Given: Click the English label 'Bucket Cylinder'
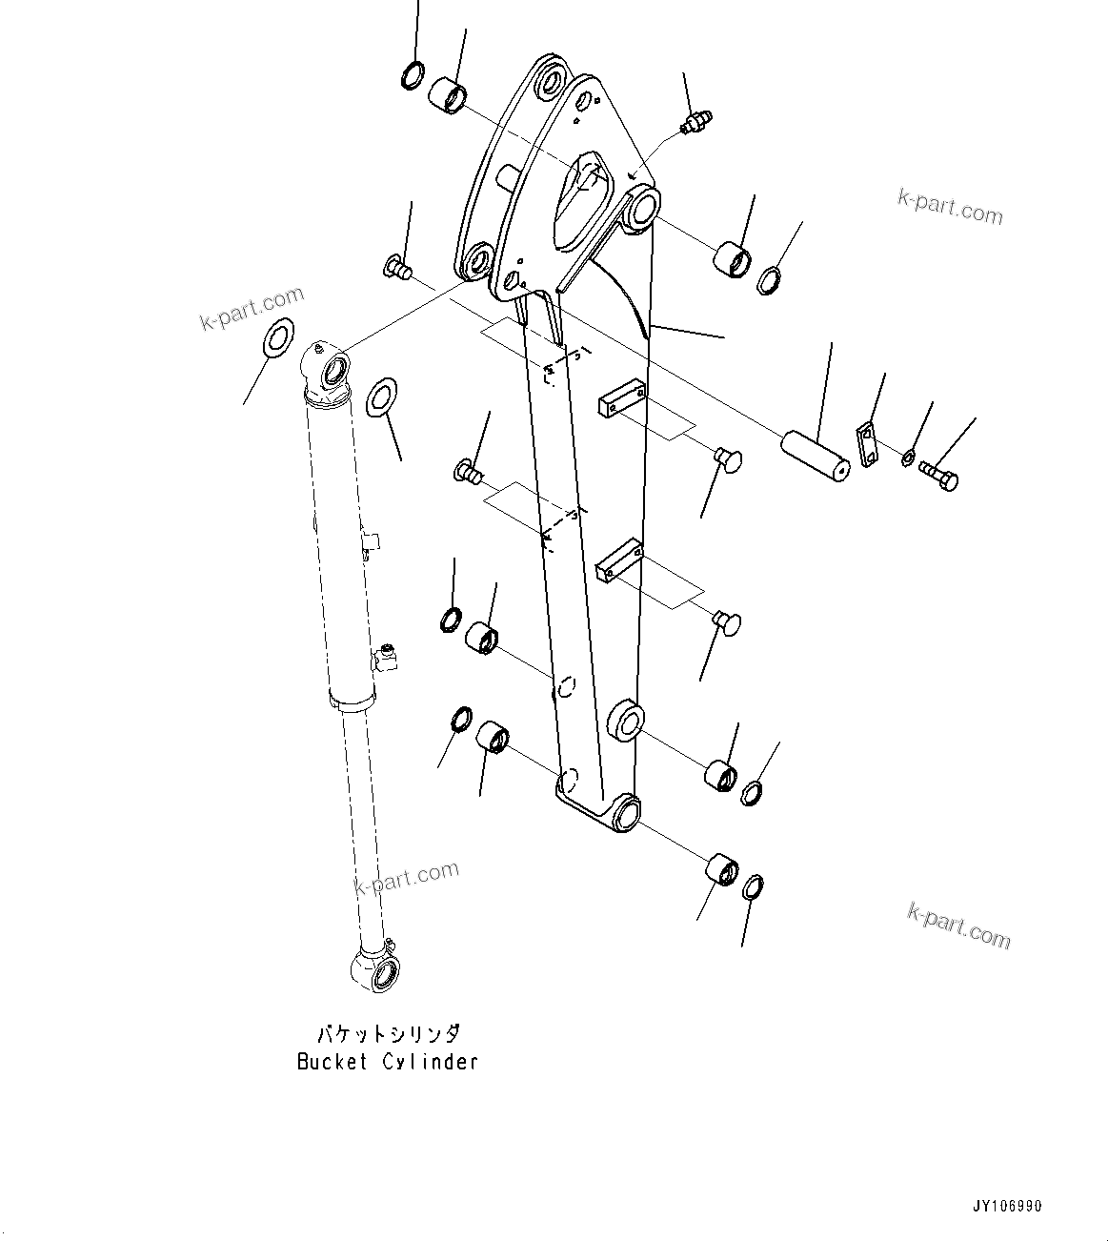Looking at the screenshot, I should pos(387,1062).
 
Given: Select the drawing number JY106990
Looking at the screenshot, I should pos(1007,1206).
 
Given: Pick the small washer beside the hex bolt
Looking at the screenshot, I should pos(908,458).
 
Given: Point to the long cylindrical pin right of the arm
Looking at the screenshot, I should pos(815,456).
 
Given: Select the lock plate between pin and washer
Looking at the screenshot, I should pos(867,443).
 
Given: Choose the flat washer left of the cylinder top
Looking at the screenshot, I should pos(277,337).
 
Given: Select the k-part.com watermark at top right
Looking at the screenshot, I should pos(950,207).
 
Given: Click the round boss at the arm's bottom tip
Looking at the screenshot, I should pos(625,811).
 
